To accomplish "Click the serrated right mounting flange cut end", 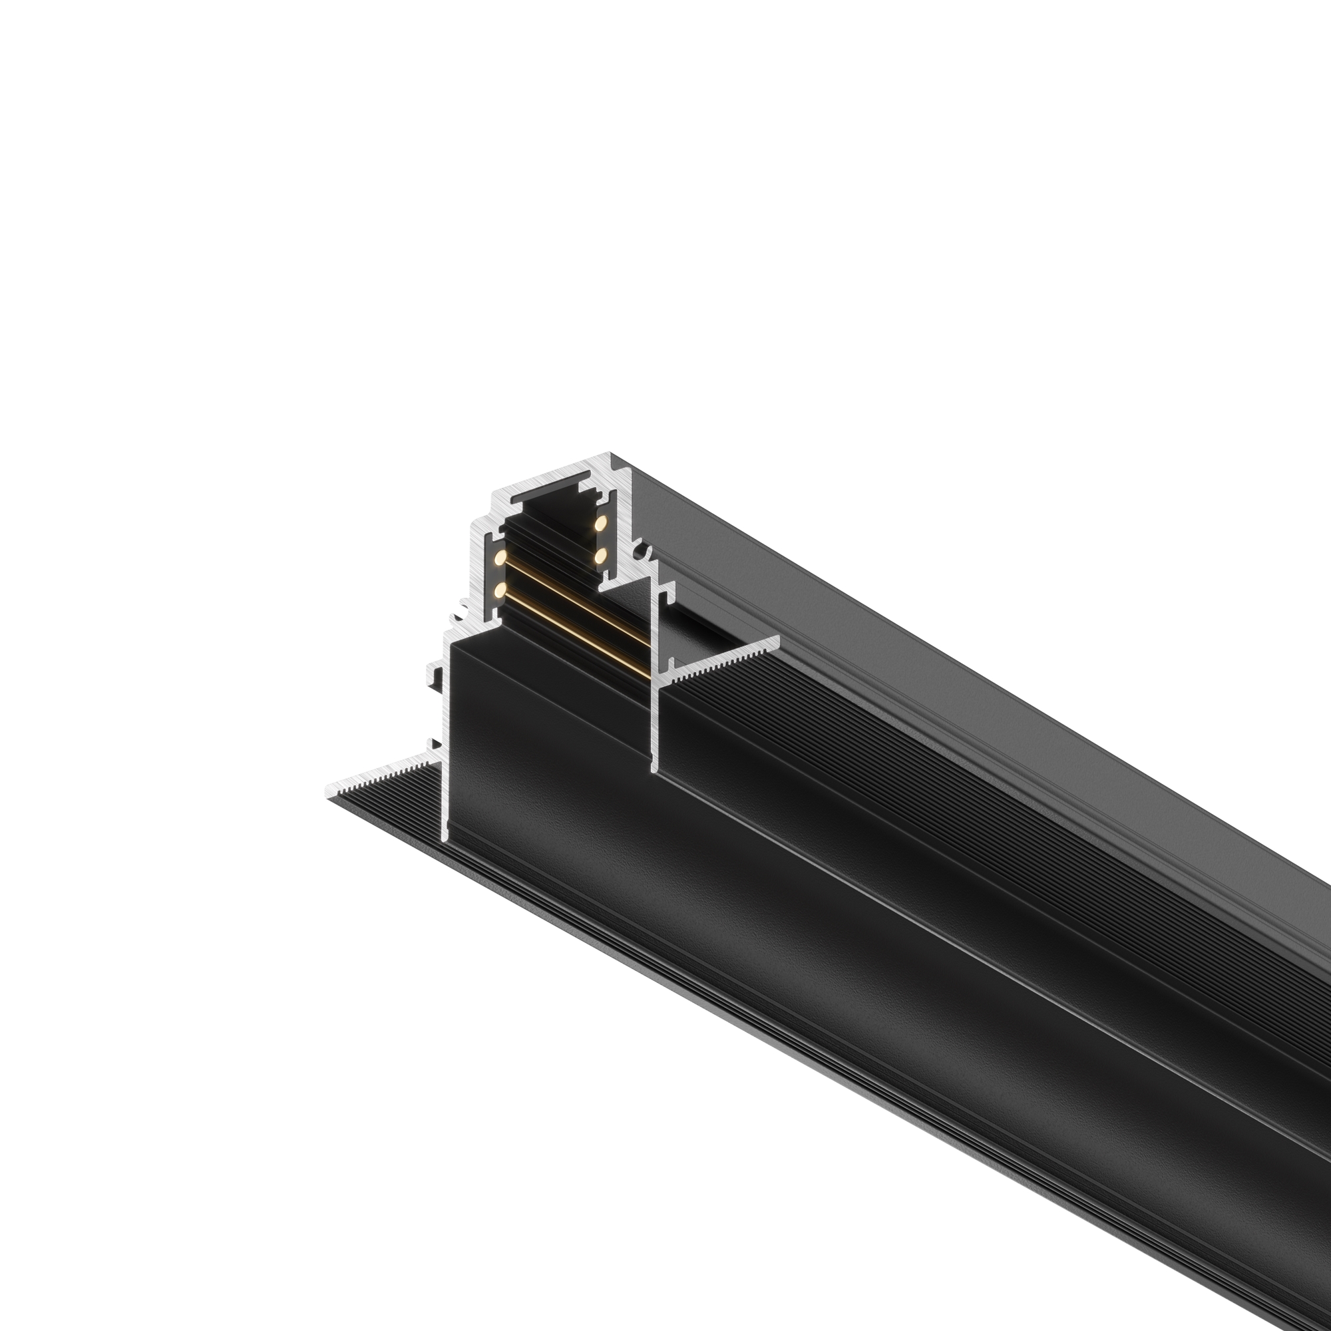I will point(723,658).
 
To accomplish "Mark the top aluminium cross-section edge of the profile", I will point(551,478).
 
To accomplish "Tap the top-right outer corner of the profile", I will point(610,455).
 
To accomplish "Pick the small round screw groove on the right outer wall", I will point(644,552).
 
